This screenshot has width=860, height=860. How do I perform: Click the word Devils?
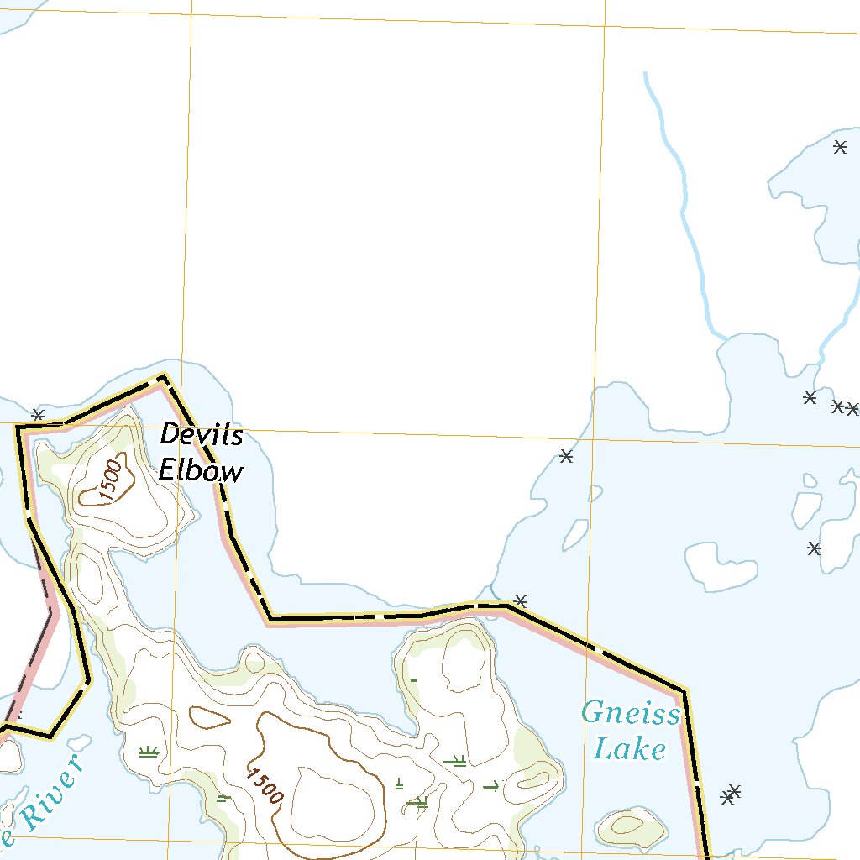click(x=202, y=435)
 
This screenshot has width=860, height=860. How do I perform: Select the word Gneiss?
click(x=631, y=715)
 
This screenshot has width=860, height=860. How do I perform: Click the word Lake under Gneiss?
click(x=629, y=748)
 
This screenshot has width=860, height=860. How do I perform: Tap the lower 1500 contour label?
click(x=265, y=785)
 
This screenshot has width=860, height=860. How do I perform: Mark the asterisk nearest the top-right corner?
click(x=840, y=147)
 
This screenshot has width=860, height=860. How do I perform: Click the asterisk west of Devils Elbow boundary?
click(x=37, y=415)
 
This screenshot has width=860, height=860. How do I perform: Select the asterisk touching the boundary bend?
click(x=521, y=600)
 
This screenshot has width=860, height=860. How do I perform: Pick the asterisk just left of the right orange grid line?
click(x=566, y=456)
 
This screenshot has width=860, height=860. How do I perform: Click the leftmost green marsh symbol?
click(x=149, y=752)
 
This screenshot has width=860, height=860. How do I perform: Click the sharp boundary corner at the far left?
click(x=18, y=427)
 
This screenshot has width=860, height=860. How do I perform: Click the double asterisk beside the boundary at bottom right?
click(x=731, y=794)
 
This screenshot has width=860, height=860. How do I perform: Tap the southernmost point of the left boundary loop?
click(x=50, y=737)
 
